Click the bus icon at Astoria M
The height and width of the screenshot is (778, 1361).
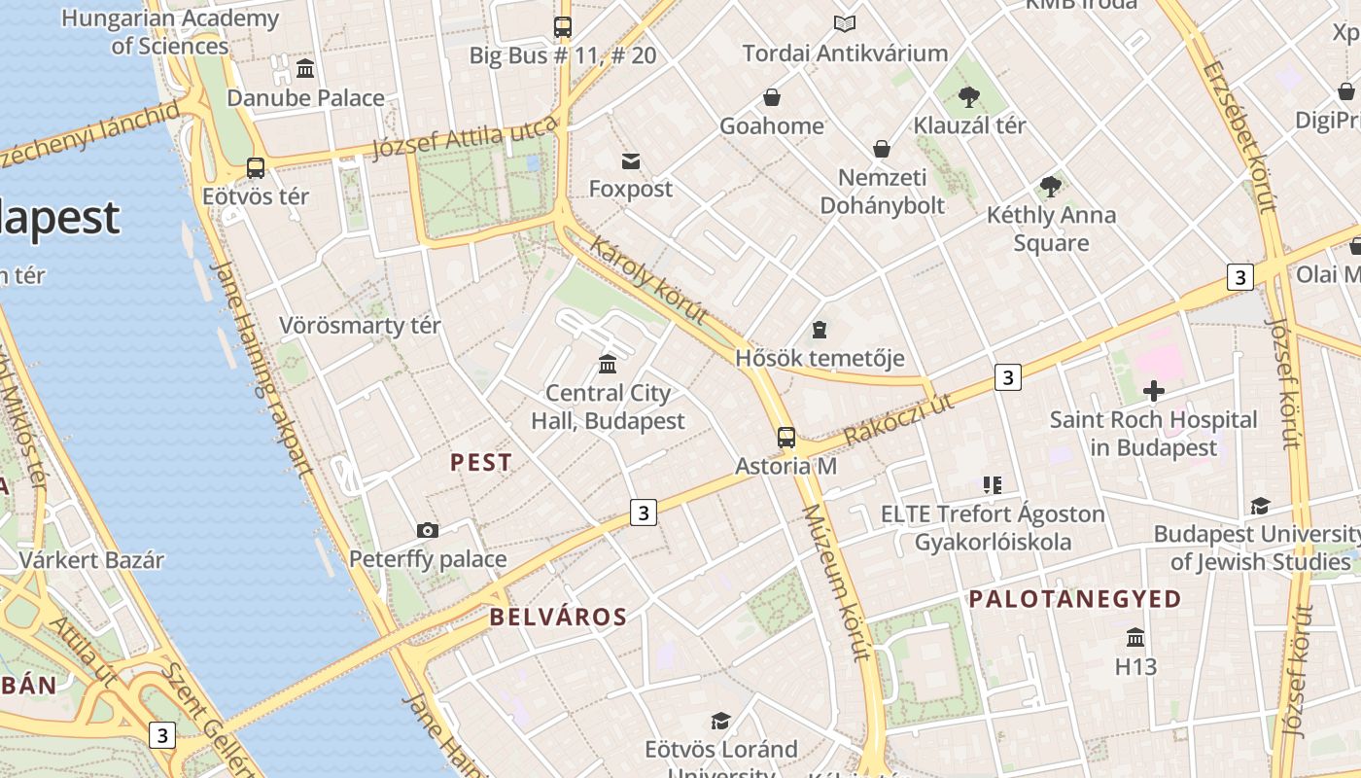tap(786, 438)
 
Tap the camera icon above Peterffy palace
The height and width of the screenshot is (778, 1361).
tap(427, 530)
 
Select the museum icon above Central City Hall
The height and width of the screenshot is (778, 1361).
tap(608, 364)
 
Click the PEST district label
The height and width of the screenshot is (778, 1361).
tap(481, 463)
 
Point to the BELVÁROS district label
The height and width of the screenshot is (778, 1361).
tap(558, 617)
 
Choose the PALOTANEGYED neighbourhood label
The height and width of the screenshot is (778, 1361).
tap(1074, 599)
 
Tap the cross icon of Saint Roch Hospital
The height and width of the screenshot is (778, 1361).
tap(1154, 392)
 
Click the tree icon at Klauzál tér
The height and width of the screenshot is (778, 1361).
tap(968, 97)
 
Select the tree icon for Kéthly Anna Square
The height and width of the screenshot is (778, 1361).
tap(1050, 187)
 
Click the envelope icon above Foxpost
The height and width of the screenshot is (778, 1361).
tap(631, 160)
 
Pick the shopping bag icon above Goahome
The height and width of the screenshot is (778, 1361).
tap(771, 97)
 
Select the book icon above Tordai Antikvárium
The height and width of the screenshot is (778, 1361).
tap(845, 24)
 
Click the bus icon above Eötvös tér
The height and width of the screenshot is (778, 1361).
tap(256, 168)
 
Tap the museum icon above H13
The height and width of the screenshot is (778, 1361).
tap(1134, 638)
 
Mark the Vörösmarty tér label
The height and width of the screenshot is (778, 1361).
tap(360, 326)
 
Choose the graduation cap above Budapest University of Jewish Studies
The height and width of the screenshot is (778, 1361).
tap(1260, 506)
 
